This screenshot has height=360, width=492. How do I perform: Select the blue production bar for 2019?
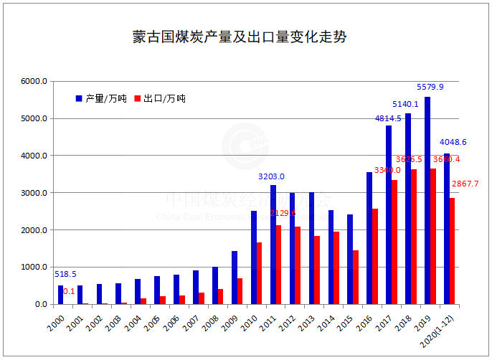point(427,201)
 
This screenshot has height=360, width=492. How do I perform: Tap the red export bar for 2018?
point(414,237)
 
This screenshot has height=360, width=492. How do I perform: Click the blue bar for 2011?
point(273,245)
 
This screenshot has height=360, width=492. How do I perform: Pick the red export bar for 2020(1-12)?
point(452,251)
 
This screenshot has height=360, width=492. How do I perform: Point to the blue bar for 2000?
point(61,295)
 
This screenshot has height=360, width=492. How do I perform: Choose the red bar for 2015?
point(356,277)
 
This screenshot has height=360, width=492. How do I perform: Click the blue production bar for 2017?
point(389,215)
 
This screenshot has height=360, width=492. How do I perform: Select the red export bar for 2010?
point(259,273)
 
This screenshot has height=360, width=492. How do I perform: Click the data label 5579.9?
point(430,87)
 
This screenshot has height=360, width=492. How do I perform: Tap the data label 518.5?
point(65,274)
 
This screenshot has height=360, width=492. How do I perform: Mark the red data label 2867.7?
point(465,184)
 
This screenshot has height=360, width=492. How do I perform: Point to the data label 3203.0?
point(272,176)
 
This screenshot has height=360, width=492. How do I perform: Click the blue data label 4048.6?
point(453,142)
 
